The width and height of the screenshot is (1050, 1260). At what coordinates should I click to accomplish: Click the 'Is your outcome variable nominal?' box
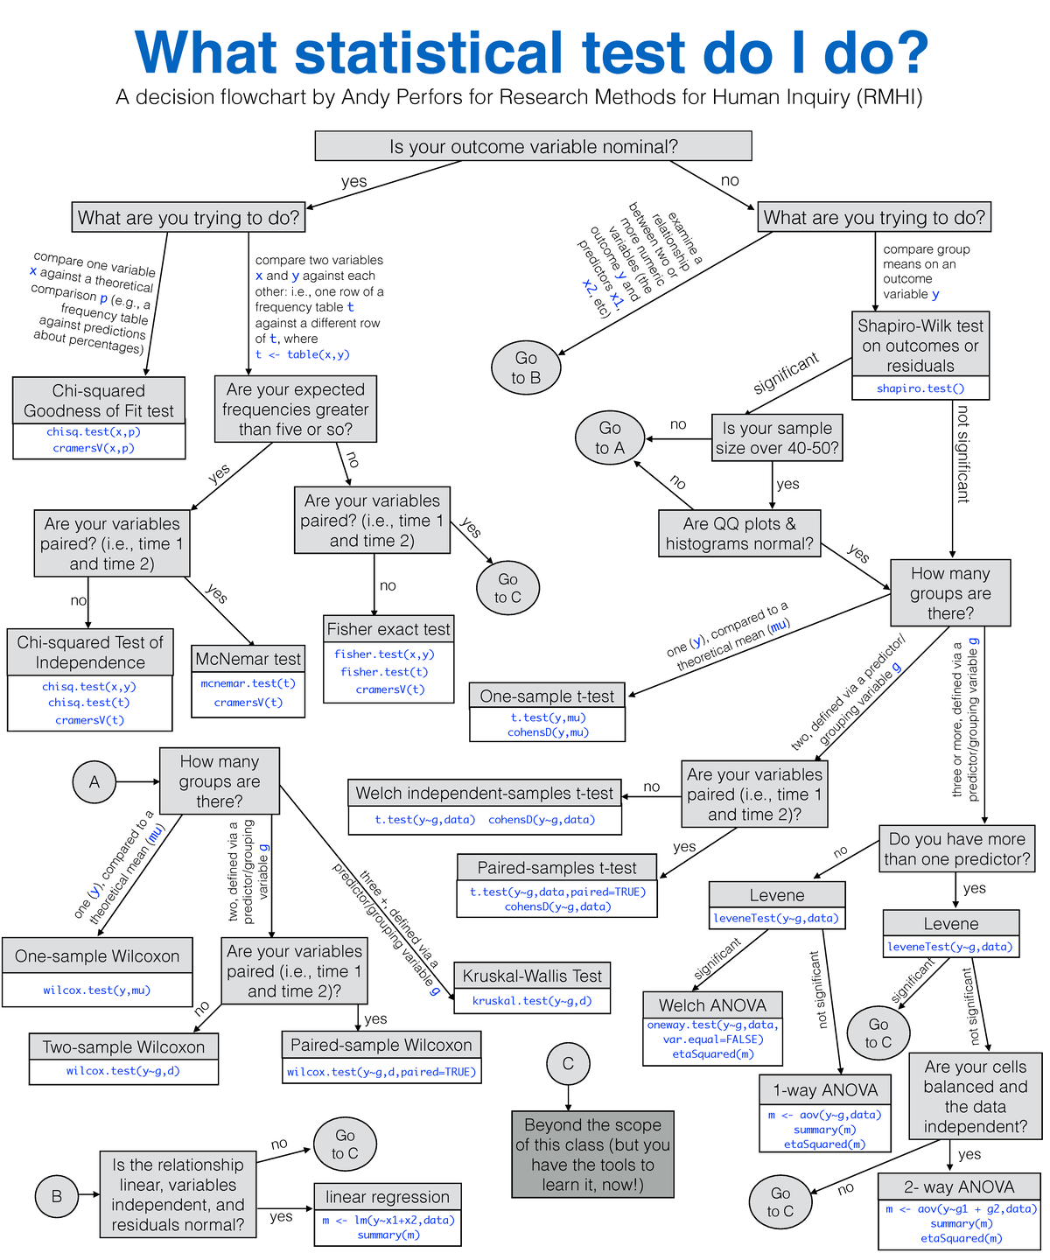(533, 146)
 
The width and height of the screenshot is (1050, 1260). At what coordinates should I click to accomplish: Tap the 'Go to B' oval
(526, 367)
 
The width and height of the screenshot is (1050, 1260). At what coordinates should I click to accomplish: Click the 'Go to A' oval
(610, 437)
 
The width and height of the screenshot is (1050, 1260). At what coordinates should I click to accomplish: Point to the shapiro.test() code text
(920, 388)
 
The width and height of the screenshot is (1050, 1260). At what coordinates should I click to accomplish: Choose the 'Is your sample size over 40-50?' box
(777, 437)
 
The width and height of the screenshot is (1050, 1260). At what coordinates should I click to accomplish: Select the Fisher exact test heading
(388, 628)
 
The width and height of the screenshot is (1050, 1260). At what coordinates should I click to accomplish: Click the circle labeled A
(94, 781)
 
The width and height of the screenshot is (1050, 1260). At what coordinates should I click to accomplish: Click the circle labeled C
(568, 1063)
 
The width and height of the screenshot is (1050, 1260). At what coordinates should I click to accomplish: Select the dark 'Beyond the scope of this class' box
(592, 1154)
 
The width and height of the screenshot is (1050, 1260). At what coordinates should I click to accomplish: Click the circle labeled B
(57, 1196)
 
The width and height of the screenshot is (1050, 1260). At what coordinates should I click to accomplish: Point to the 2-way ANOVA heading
(959, 1186)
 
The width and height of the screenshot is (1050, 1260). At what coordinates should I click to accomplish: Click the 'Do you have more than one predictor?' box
(956, 849)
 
